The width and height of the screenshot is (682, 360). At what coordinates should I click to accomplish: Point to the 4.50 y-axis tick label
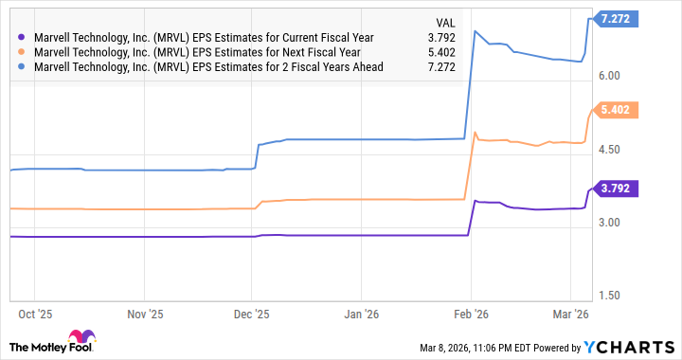(x=609, y=150)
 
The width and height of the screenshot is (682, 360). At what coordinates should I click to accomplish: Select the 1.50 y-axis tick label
(x=609, y=296)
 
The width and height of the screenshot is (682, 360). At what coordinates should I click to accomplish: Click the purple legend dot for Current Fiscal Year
(x=22, y=38)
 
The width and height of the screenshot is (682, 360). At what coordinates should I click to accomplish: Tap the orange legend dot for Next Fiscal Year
(x=22, y=53)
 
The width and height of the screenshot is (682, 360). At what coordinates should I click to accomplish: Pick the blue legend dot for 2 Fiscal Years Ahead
(x=22, y=68)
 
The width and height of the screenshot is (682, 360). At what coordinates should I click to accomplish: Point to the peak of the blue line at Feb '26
(x=475, y=31)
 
